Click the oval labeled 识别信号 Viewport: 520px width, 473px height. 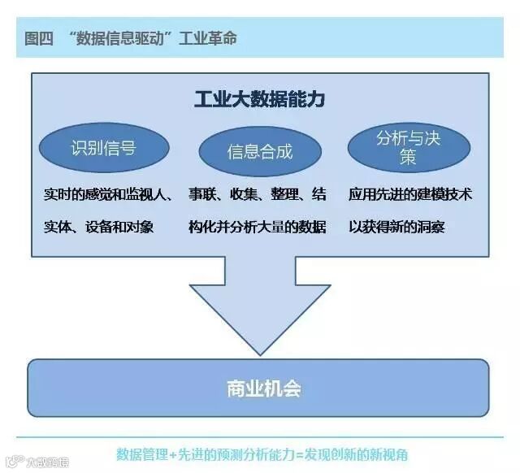click(x=103, y=149)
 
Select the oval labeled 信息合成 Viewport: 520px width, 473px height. click(x=259, y=152)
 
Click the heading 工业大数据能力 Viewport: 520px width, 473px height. click(x=259, y=100)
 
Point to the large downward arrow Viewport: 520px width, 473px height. click(x=260, y=305)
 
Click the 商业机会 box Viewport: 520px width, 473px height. click(x=259, y=388)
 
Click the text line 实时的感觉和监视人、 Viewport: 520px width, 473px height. click(x=108, y=195)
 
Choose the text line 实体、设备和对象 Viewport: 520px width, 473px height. click(x=98, y=227)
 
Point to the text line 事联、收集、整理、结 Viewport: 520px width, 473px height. click(x=258, y=195)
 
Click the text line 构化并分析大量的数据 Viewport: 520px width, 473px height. click(x=258, y=227)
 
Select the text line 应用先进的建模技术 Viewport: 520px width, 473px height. click(x=410, y=195)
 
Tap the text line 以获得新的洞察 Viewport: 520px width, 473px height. click(x=396, y=227)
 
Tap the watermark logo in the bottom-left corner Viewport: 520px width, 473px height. click(x=14, y=463)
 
